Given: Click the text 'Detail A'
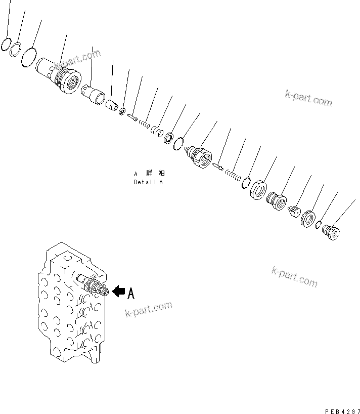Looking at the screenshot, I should pos(148,182).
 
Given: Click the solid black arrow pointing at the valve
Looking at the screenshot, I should pos(118,291).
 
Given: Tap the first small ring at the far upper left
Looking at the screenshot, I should pos(6,45).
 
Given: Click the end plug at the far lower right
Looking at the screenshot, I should pos(331,232).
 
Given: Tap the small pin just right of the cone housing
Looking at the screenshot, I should pos(218,167).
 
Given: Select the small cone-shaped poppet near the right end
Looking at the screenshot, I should pos(294,211).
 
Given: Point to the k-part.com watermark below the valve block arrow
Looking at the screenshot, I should pos(148,309).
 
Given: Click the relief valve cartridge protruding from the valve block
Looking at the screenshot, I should pos(93,285).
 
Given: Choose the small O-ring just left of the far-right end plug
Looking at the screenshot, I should pos(320,225).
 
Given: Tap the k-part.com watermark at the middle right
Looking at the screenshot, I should pos(294,276).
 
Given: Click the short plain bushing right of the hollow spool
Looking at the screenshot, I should pos(112,105).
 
